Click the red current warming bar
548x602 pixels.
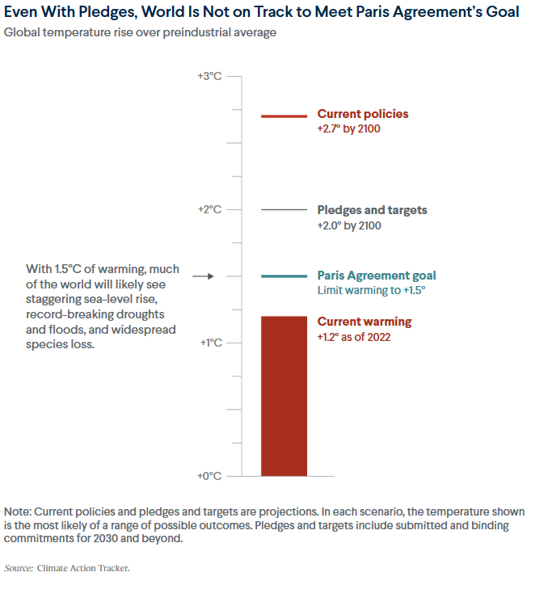[x=284, y=396]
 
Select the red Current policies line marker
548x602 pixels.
[x=284, y=116]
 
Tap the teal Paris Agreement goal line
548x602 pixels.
[x=284, y=276]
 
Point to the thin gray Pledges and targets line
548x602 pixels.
[x=284, y=210]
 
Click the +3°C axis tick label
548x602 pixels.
[x=209, y=76]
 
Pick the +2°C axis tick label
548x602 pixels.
[x=209, y=209]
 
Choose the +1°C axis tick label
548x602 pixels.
[x=209, y=343]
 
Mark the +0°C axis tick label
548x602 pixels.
[x=209, y=476]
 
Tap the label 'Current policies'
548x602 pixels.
[x=363, y=114]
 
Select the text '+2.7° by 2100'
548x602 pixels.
[x=348, y=129]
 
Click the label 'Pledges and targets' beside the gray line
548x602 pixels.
[x=372, y=210]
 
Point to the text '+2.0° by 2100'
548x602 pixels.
[x=349, y=225]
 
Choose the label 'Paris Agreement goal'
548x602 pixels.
[x=377, y=276]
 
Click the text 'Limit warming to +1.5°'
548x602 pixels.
[x=371, y=291]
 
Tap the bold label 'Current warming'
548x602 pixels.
[x=365, y=322]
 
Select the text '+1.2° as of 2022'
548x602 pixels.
[x=354, y=337]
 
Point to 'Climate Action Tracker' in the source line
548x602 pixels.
[x=82, y=568]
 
